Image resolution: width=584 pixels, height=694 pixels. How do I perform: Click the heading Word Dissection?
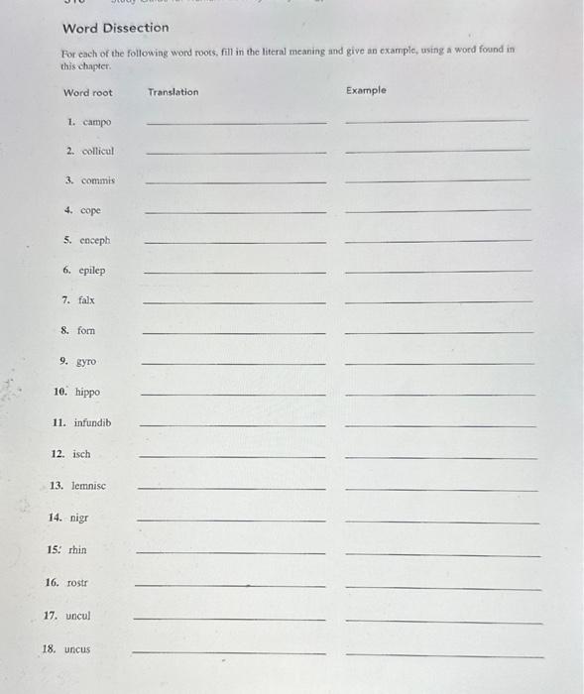click(115, 28)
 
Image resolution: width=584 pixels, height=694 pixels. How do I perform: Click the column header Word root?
click(88, 93)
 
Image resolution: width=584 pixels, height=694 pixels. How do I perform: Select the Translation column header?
click(173, 92)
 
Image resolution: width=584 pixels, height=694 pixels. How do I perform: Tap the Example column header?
click(366, 90)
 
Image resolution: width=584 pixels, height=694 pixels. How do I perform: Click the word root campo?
click(97, 122)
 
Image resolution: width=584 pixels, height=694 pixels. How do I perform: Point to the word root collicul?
click(97, 151)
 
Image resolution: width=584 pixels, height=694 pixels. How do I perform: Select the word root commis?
click(97, 180)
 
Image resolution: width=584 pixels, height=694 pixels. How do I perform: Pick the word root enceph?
click(94, 240)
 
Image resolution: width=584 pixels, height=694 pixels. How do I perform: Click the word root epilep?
click(91, 270)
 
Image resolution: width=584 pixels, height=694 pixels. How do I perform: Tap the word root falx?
click(86, 299)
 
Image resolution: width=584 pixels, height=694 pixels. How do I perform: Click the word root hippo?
click(87, 392)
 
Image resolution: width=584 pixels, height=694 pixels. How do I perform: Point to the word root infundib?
click(92, 422)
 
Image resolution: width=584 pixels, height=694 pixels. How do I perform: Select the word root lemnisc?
click(88, 486)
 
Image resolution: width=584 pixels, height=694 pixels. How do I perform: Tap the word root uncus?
click(76, 649)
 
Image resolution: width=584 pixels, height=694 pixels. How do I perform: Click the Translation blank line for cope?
click(235, 212)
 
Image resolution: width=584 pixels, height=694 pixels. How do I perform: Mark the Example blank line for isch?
click(440, 458)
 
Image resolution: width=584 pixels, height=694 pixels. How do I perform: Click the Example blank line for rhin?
click(442, 556)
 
